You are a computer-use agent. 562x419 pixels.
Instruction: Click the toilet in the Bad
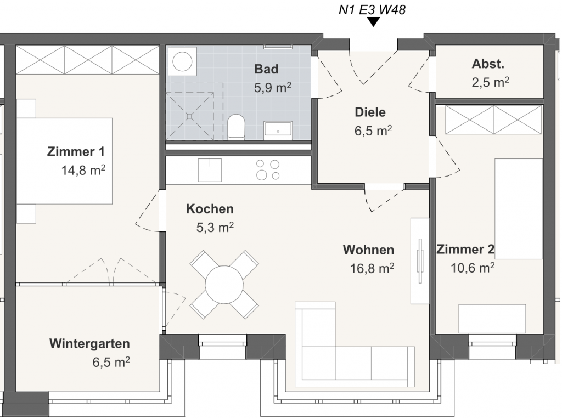pos(236,127)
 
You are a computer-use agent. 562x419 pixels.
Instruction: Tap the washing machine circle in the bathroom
pos(182,61)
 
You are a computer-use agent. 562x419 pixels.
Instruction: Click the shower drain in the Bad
pos(190,116)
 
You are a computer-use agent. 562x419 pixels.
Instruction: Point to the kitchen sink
pos(210,170)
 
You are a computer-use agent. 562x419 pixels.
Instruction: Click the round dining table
pos(224,285)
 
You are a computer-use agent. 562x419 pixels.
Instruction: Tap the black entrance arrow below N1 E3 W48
pos(373,22)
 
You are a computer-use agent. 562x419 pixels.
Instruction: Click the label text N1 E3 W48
pos(372,10)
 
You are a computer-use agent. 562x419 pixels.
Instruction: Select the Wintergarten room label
pos(89,343)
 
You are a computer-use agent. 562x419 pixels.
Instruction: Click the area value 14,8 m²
pos(83,170)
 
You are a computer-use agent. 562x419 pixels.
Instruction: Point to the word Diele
pos(370,112)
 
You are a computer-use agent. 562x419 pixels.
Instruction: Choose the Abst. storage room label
pos(488,64)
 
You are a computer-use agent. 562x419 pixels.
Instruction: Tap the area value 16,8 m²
pos(372,268)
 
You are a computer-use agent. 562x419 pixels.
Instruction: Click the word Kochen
pos(210,209)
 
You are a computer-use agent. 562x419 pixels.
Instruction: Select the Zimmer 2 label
pos(465,249)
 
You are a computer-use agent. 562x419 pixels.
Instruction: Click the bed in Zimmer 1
pos(65,161)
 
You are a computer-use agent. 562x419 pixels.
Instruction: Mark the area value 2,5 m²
pos(490,82)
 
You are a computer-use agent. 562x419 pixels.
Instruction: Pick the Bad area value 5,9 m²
pos(273,87)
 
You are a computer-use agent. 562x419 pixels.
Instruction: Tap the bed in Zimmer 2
pos(519,209)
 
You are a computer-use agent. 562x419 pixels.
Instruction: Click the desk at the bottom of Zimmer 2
pos(492,319)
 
